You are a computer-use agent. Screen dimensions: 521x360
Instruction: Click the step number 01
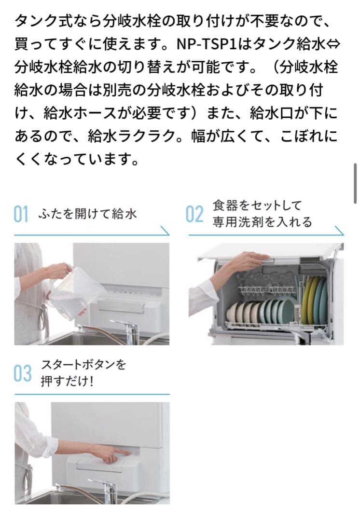tap(21, 214)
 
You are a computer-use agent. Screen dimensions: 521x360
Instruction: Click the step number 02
tap(194, 214)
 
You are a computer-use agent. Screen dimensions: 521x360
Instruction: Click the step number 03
tap(22, 373)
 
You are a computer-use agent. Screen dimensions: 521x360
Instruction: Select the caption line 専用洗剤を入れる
tap(263, 222)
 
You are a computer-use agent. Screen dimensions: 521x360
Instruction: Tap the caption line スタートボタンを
tap(83, 365)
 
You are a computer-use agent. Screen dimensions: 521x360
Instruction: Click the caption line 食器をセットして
tap(257, 206)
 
